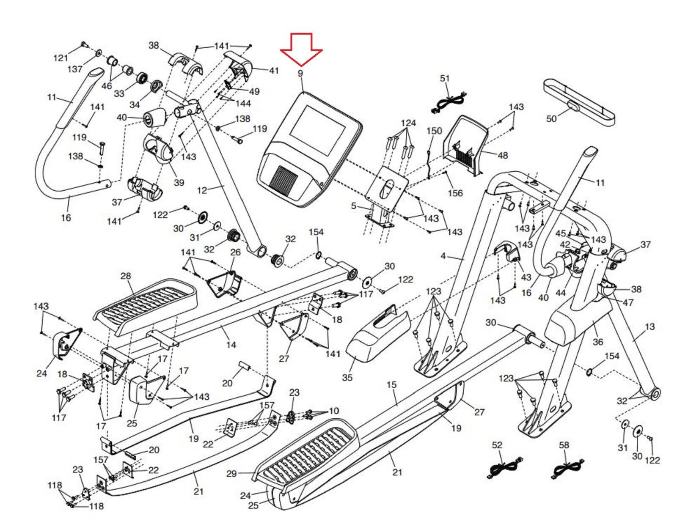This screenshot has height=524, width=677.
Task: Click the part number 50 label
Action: click(x=551, y=118)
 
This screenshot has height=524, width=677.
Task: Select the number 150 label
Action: click(x=434, y=131)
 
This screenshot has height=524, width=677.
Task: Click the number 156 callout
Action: click(x=455, y=193)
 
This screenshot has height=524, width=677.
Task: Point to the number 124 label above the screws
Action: click(x=408, y=123)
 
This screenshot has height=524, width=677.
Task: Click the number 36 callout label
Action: click(x=598, y=342)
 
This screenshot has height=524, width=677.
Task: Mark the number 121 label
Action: click(x=61, y=58)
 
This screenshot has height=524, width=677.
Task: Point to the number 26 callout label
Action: click(x=235, y=252)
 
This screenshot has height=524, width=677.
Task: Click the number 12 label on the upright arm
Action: click(x=202, y=190)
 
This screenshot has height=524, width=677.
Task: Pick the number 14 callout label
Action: click(x=231, y=345)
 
